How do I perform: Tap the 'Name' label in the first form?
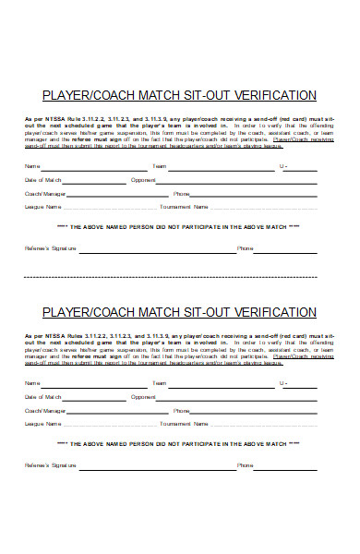click(x=32, y=166)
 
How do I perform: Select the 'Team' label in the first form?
click(x=159, y=166)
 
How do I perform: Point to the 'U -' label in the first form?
click(x=283, y=166)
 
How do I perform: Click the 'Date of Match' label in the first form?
click(x=42, y=180)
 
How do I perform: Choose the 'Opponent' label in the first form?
click(x=143, y=180)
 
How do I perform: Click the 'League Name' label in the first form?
click(x=42, y=207)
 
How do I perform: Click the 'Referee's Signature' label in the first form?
click(x=47, y=248)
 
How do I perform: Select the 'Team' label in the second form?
click(x=159, y=383)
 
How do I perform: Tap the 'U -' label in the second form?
click(x=283, y=383)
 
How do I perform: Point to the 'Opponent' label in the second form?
click(x=143, y=397)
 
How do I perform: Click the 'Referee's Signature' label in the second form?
click(x=47, y=465)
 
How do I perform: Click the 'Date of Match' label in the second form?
click(x=42, y=397)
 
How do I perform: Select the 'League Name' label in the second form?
click(x=42, y=424)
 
